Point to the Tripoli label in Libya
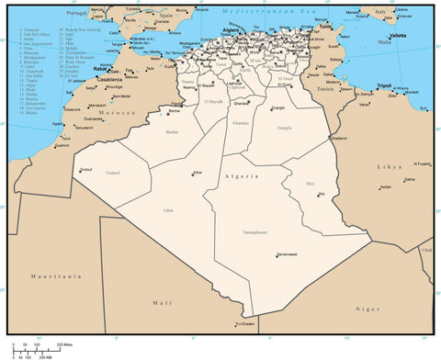click(x=384, y=85)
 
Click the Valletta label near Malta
click(x=385, y=35)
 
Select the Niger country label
click(x=367, y=309)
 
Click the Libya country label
click(x=390, y=167)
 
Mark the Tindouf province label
click(x=113, y=172)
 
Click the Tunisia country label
click(x=325, y=89)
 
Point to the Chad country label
click(x=426, y=250)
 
